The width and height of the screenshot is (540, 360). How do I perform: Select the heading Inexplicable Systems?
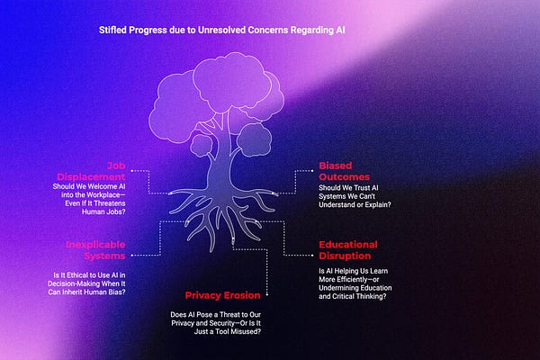(94, 249)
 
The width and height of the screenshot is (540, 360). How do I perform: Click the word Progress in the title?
(150, 30)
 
